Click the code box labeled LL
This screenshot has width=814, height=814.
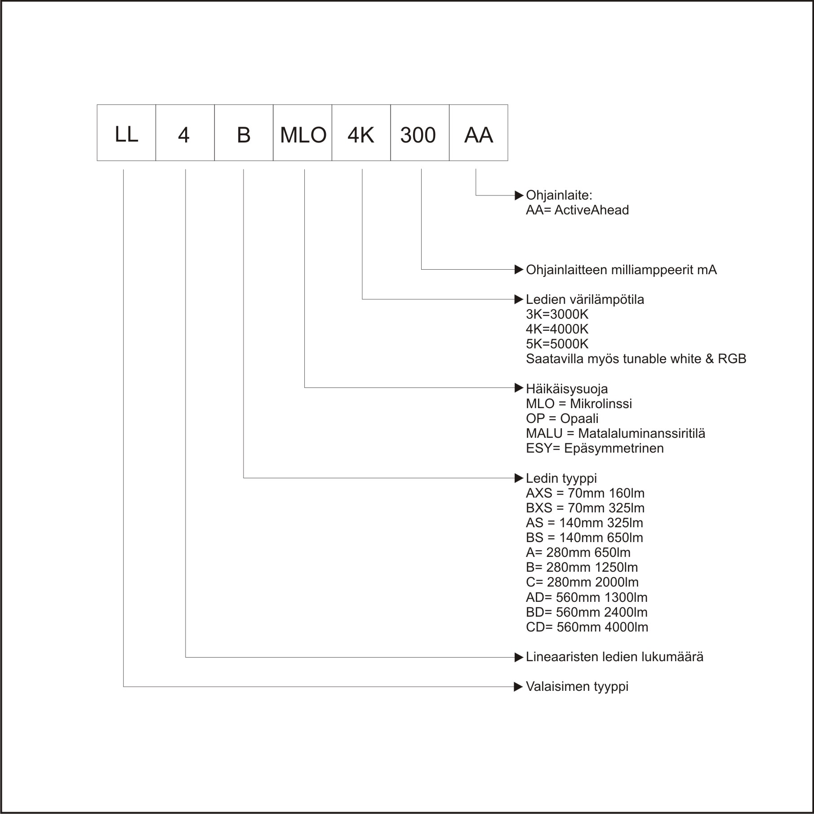[126, 133]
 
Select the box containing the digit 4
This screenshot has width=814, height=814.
[185, 133]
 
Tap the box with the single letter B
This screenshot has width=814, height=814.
[244, 133]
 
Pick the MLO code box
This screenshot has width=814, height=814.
[302, 133]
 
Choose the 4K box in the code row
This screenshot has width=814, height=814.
[361, 133]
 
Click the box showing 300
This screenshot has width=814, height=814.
[420, 133]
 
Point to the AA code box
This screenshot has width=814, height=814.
[479, 133]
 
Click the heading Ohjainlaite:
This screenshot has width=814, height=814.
[559, 196]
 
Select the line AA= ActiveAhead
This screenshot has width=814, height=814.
[577, 210]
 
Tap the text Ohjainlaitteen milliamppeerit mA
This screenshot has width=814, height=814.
[621, 270]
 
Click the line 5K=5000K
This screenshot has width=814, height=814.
[557, 344]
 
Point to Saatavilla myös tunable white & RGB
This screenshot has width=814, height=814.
[636, 359]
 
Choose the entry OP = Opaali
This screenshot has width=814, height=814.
[562, 418]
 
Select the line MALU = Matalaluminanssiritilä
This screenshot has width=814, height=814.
[615, 433]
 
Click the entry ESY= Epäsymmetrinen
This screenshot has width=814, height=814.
[595, 448]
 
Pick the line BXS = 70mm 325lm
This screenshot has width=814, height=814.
[585, 508]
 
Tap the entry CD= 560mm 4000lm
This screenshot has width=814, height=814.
[587, 627]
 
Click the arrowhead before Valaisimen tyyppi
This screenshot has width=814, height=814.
[519, 687]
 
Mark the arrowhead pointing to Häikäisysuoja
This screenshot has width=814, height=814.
[519, 387]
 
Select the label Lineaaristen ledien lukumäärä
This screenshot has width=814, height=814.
[614, 657]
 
